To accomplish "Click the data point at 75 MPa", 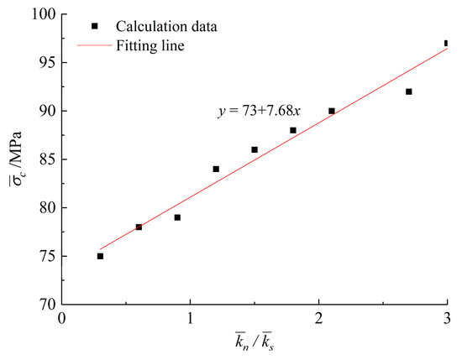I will tap(100, 256).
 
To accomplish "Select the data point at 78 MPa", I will tap(139, 227).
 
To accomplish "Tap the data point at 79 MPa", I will tap(177, 217).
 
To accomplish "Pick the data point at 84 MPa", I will tap(216, 169).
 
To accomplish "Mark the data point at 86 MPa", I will tap(255, 149).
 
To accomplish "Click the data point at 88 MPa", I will tap(293, 130).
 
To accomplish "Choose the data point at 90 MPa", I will tap(332, 111).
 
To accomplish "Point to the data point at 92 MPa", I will tap(409, 91).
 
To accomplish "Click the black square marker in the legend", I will tap(94, 26).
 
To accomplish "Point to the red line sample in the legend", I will tap(94, 46).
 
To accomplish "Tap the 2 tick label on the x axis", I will tap(318, 320).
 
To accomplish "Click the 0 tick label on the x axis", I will tap(61, 320).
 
